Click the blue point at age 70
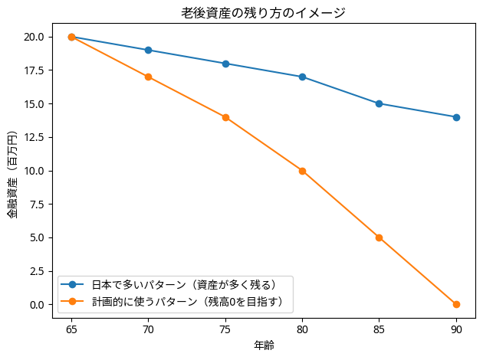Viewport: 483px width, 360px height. [x=148, y=50]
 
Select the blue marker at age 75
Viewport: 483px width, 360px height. [x=225, y=64]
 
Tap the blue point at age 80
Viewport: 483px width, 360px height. [x=302, y=77]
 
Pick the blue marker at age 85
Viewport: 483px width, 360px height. [x=379, y=103]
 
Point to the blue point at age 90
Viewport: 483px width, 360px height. [x=456, y=117]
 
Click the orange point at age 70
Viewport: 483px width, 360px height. [x=148, y=77]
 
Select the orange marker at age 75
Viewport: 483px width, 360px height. [x=225, y=117]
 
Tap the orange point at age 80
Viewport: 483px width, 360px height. [x=302, y=171]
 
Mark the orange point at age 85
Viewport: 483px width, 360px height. [x=379, y=237]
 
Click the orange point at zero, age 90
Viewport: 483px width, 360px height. [x=456, y=304]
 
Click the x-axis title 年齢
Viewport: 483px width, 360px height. [x=264, y=345]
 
